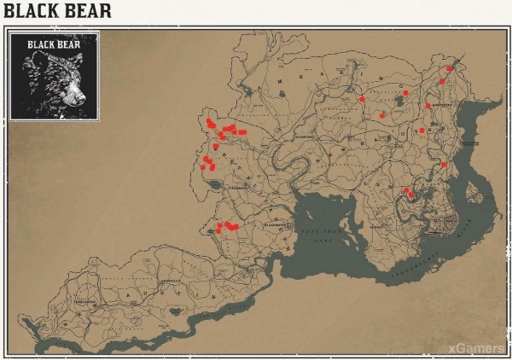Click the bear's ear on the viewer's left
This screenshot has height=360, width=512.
click(x=33, y=63)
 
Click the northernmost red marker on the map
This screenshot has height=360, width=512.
click(x=450, y=68)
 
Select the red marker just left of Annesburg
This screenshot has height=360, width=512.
click(x=428, y=106)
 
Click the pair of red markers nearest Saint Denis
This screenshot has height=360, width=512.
click(x=409, y=193)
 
